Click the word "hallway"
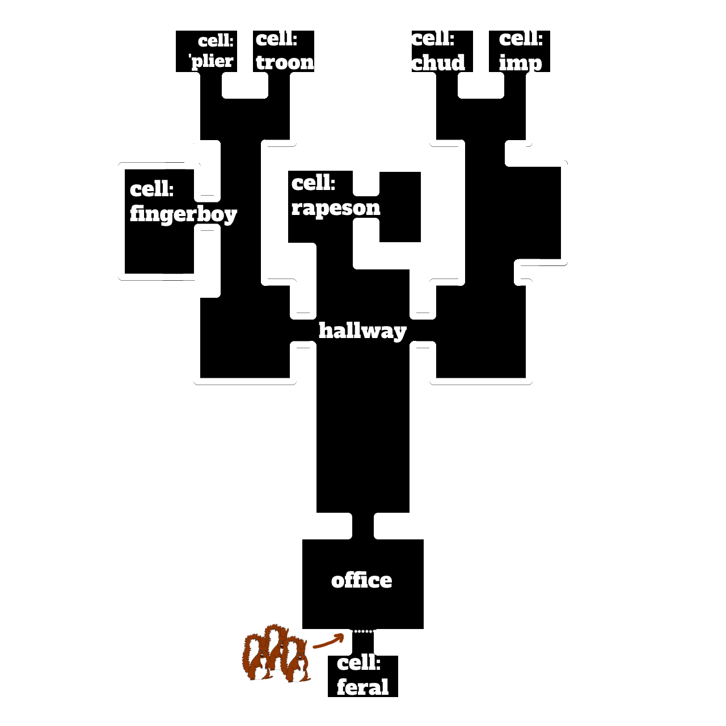point(362,331)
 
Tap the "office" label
point(361,581)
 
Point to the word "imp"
point(520,62)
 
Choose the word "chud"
point(438,62)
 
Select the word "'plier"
point(211,61)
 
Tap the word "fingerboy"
point(183,214)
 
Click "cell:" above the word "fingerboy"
point(151,188)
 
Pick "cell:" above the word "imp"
point(521,39)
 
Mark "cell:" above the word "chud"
point(433,39)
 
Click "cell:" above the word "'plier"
point(216,41)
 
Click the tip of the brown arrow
point(344,635)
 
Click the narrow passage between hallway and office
point(363,526)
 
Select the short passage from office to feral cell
point(363,643)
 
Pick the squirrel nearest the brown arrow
point(298,660)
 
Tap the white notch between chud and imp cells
point(481,85)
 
